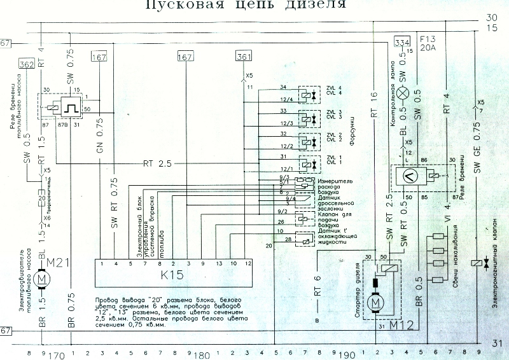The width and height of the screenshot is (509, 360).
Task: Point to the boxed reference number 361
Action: tap(244, 57)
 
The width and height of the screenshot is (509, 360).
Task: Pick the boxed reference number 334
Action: tap(401, 42)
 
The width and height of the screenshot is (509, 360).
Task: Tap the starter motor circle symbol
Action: tap(377, 301)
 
